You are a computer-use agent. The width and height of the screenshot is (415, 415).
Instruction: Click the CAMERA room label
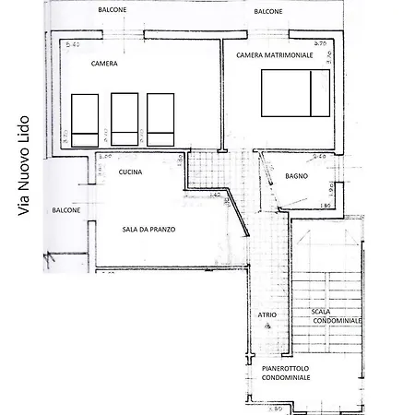click(104, 65)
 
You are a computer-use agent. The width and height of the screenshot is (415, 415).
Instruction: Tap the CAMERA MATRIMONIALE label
click(274, 55)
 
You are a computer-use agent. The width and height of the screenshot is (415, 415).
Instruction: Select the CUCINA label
click(130, 171)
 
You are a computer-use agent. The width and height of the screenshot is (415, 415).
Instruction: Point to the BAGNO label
click(296, 175)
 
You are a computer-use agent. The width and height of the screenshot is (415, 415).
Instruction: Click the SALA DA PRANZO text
click(148, 230)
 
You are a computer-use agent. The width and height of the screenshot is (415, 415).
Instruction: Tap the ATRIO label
click(267, 314)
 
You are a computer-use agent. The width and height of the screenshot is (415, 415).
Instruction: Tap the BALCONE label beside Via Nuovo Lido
click(65, 209)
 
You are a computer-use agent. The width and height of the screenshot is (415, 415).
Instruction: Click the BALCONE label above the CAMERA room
click(115, 10)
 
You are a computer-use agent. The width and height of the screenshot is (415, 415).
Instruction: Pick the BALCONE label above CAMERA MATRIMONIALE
click(268, 10)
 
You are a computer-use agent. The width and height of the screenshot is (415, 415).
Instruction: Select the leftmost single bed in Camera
click(85, 119)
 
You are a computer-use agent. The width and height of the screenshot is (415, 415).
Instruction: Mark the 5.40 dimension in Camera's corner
click(70, 44)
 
